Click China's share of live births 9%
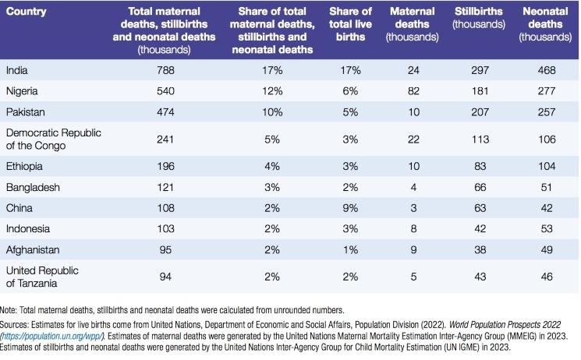point(350,208)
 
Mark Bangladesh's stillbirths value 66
point(479,187)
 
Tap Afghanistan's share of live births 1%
point(350,250)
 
